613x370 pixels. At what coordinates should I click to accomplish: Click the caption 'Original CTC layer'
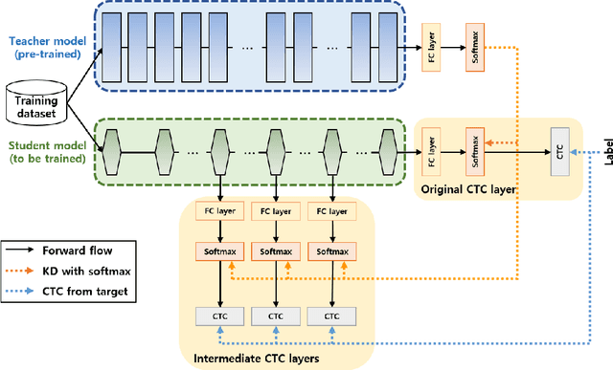click(x=469, y=189)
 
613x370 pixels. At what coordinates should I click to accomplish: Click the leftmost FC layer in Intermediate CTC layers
click(x=220, y=209)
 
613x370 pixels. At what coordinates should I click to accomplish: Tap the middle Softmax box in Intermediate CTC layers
click(x=275, y=251)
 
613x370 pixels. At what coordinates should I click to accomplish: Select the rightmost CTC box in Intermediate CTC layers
click(x=330, y=316)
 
